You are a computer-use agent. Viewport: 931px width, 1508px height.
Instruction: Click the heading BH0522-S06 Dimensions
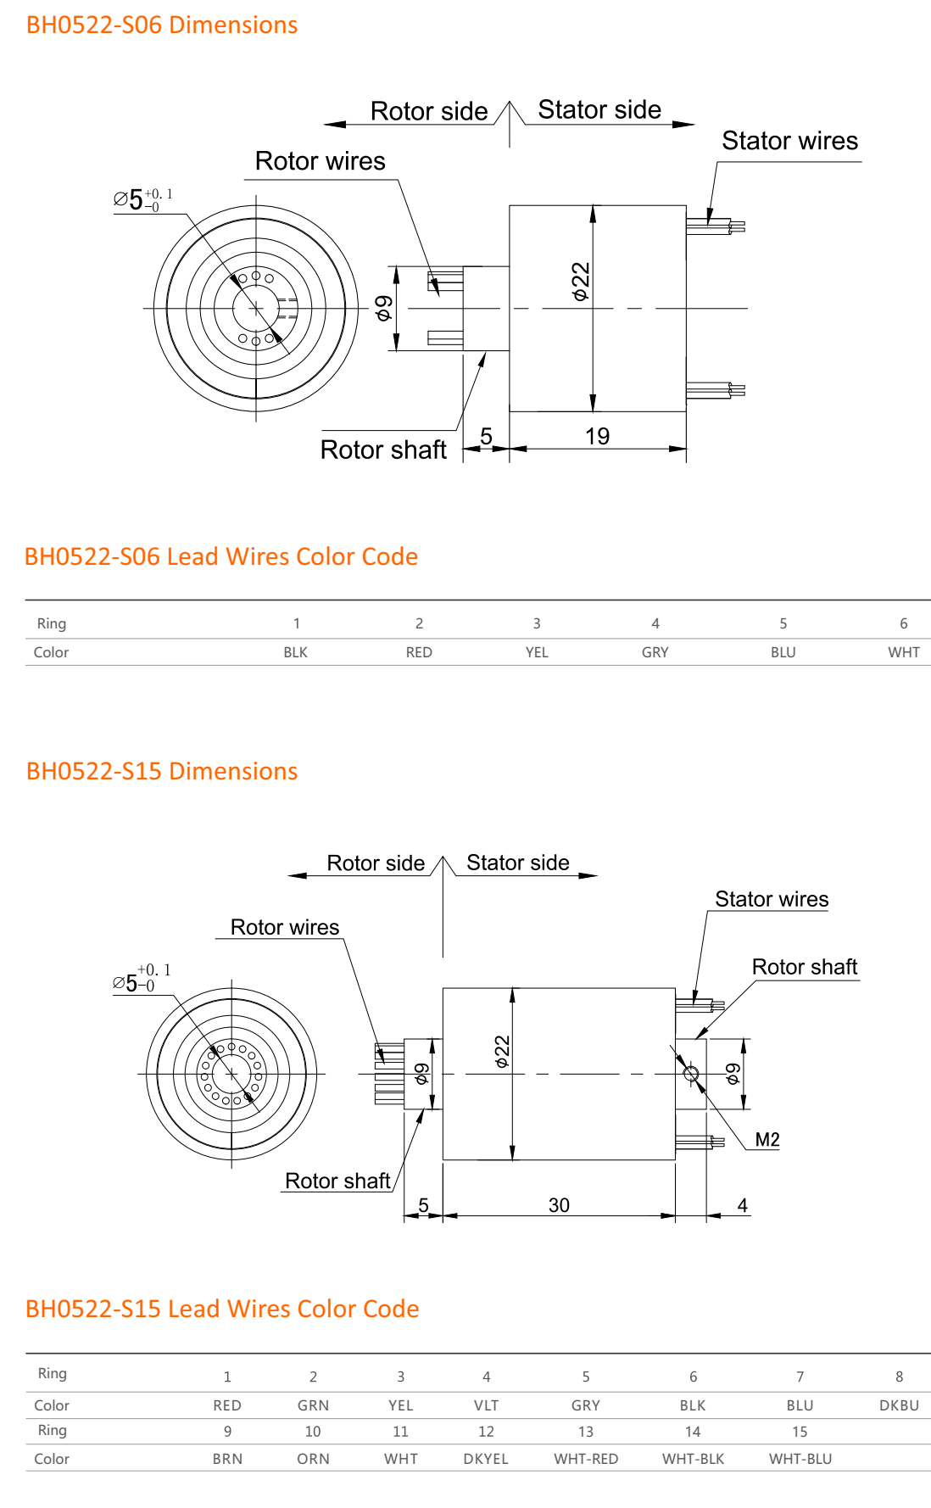161,25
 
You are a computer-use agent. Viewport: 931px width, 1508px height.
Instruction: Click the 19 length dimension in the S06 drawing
597,436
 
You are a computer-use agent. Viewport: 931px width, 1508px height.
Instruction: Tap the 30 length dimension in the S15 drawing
559,1205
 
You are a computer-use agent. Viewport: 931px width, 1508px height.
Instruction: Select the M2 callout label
767,1139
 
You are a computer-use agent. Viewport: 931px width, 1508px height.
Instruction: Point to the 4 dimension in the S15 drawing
742,1205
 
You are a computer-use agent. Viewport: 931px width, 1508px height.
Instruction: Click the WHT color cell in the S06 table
903,652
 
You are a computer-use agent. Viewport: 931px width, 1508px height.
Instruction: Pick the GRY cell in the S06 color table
655,652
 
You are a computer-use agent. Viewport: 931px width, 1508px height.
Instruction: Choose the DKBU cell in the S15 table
899,1405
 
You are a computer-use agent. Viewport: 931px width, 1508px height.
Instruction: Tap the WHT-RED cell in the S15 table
586,1459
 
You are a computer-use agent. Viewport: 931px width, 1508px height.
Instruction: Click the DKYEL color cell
486,1459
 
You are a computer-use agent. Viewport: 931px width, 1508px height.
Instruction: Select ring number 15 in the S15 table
800,1432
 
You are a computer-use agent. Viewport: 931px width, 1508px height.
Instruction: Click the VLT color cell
486,1405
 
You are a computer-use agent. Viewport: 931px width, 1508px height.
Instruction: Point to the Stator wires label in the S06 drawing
789,141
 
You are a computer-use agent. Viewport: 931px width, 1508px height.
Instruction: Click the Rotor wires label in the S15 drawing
285,927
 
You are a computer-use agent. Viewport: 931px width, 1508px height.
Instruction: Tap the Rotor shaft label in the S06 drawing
383,450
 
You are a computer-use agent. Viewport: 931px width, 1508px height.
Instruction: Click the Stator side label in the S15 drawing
517,863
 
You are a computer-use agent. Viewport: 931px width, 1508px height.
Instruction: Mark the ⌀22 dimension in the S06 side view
580,282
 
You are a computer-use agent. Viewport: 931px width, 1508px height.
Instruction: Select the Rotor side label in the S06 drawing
429,111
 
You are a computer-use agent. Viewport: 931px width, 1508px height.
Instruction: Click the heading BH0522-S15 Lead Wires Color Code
222,1309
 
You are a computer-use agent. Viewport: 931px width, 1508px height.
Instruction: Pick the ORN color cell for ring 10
313,1459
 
